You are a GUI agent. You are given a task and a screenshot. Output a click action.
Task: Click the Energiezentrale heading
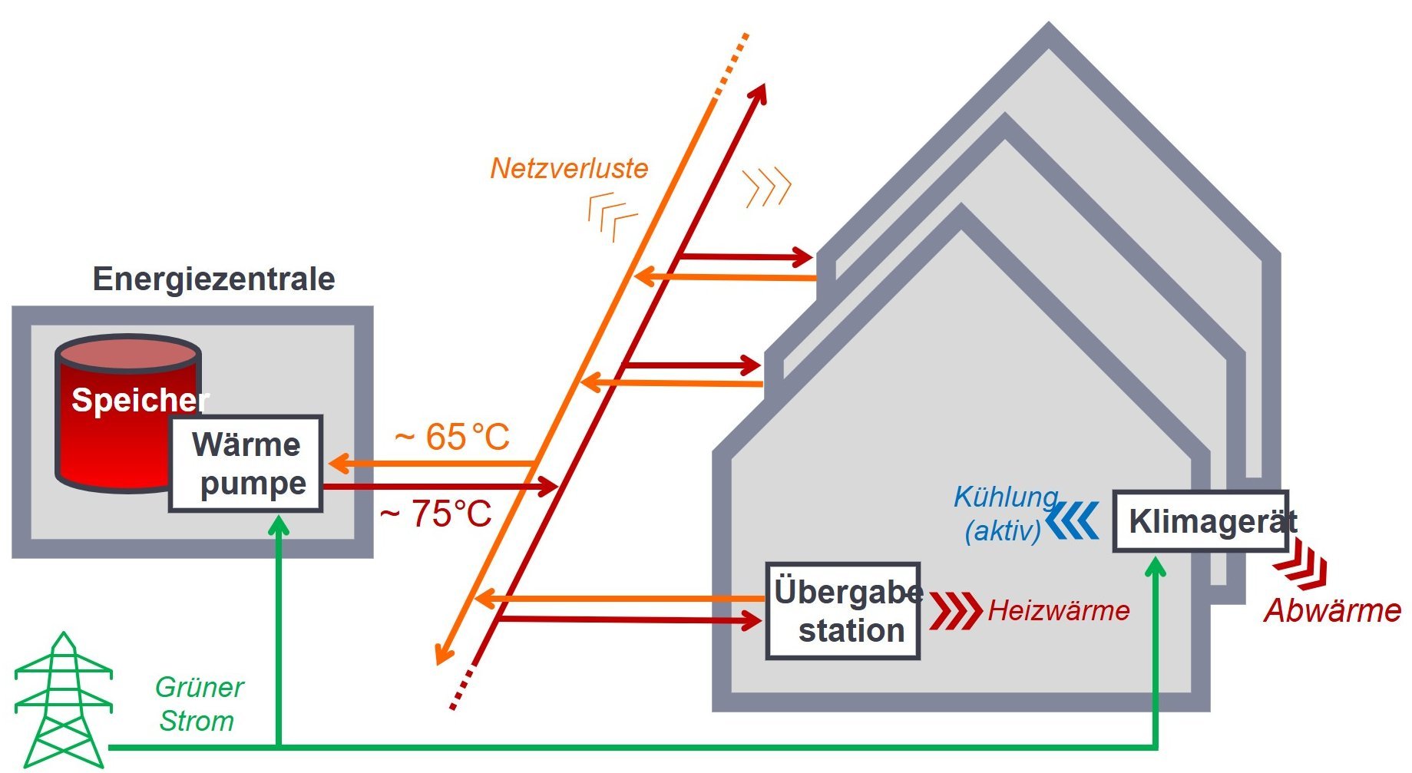[213, 279]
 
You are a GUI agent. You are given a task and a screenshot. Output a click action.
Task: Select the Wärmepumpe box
[246, 464]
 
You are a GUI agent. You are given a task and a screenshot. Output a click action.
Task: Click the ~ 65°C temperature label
[452, 437]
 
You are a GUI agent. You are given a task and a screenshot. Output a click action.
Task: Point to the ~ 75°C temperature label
[435, 514]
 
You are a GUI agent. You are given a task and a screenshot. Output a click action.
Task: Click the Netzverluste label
[569, 168]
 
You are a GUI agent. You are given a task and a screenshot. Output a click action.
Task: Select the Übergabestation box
[843, 611]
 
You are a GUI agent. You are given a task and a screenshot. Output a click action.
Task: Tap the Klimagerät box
[1200, 521]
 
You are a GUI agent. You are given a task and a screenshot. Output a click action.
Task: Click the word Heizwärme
[1058, 610]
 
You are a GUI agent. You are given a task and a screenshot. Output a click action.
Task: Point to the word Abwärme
[1332, 610]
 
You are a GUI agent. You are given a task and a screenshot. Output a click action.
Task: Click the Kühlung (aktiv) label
[1004, 514]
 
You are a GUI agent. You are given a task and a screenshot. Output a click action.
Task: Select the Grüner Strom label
[199, 704]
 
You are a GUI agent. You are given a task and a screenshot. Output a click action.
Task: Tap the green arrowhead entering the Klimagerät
[1156, 567]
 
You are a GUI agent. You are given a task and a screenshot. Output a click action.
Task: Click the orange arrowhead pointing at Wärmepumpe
[339, 464]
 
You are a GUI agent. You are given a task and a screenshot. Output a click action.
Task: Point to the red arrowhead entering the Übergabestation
[752, 620]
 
